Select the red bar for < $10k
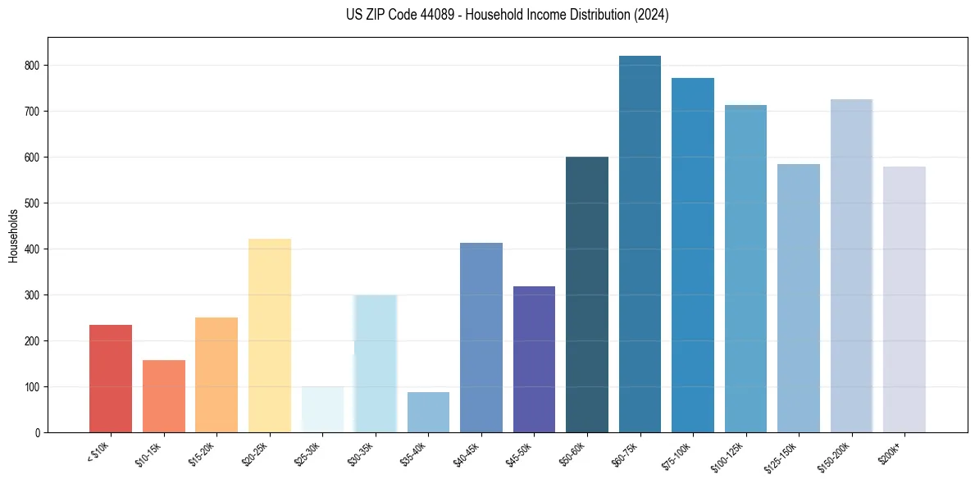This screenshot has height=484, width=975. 111,378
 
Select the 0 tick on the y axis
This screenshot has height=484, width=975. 39,432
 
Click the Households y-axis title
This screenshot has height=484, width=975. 13,235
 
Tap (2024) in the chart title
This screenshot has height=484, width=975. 652,15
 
